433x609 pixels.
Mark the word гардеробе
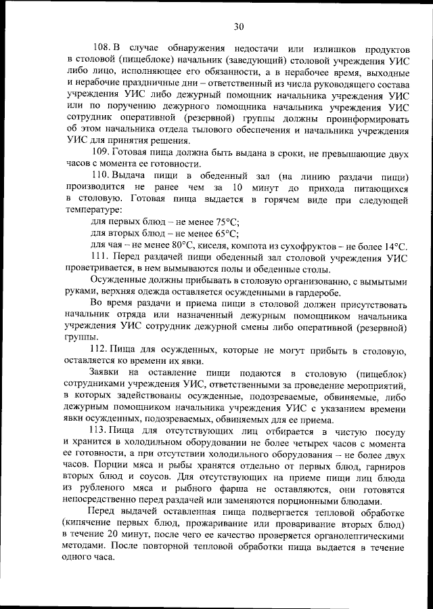pyautogui.click(x=317, y=293)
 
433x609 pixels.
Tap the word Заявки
pyautogui.click(x=108, y=374)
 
